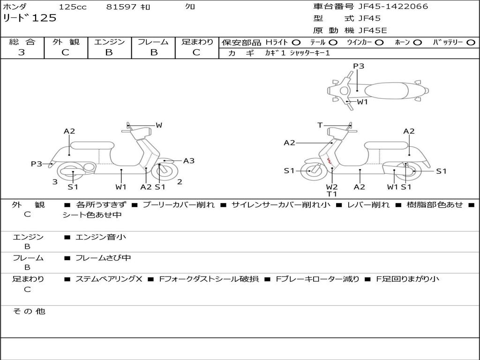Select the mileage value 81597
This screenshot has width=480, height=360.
click(x=121, y=7)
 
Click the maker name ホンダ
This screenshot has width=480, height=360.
click(x=15, y=7)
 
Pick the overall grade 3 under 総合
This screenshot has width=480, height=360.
click(x=22, y=52)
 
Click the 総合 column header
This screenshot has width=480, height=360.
click(x=22, y=42)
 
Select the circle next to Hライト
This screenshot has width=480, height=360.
click(x=296, y=43)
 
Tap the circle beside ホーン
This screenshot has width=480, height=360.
click(x=417, y=43)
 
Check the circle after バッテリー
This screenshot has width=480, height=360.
click(x=471, y=43)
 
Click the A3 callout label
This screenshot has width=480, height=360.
click(x=188, y=161)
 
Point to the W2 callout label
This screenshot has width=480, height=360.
click(x=332, y=187)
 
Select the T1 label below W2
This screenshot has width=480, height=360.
click(x=332, y=194)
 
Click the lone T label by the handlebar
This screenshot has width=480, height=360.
click(x=320, y=125)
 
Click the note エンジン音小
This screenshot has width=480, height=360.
click(x=100, y=237)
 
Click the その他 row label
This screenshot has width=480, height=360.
click(x=29, y=311)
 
